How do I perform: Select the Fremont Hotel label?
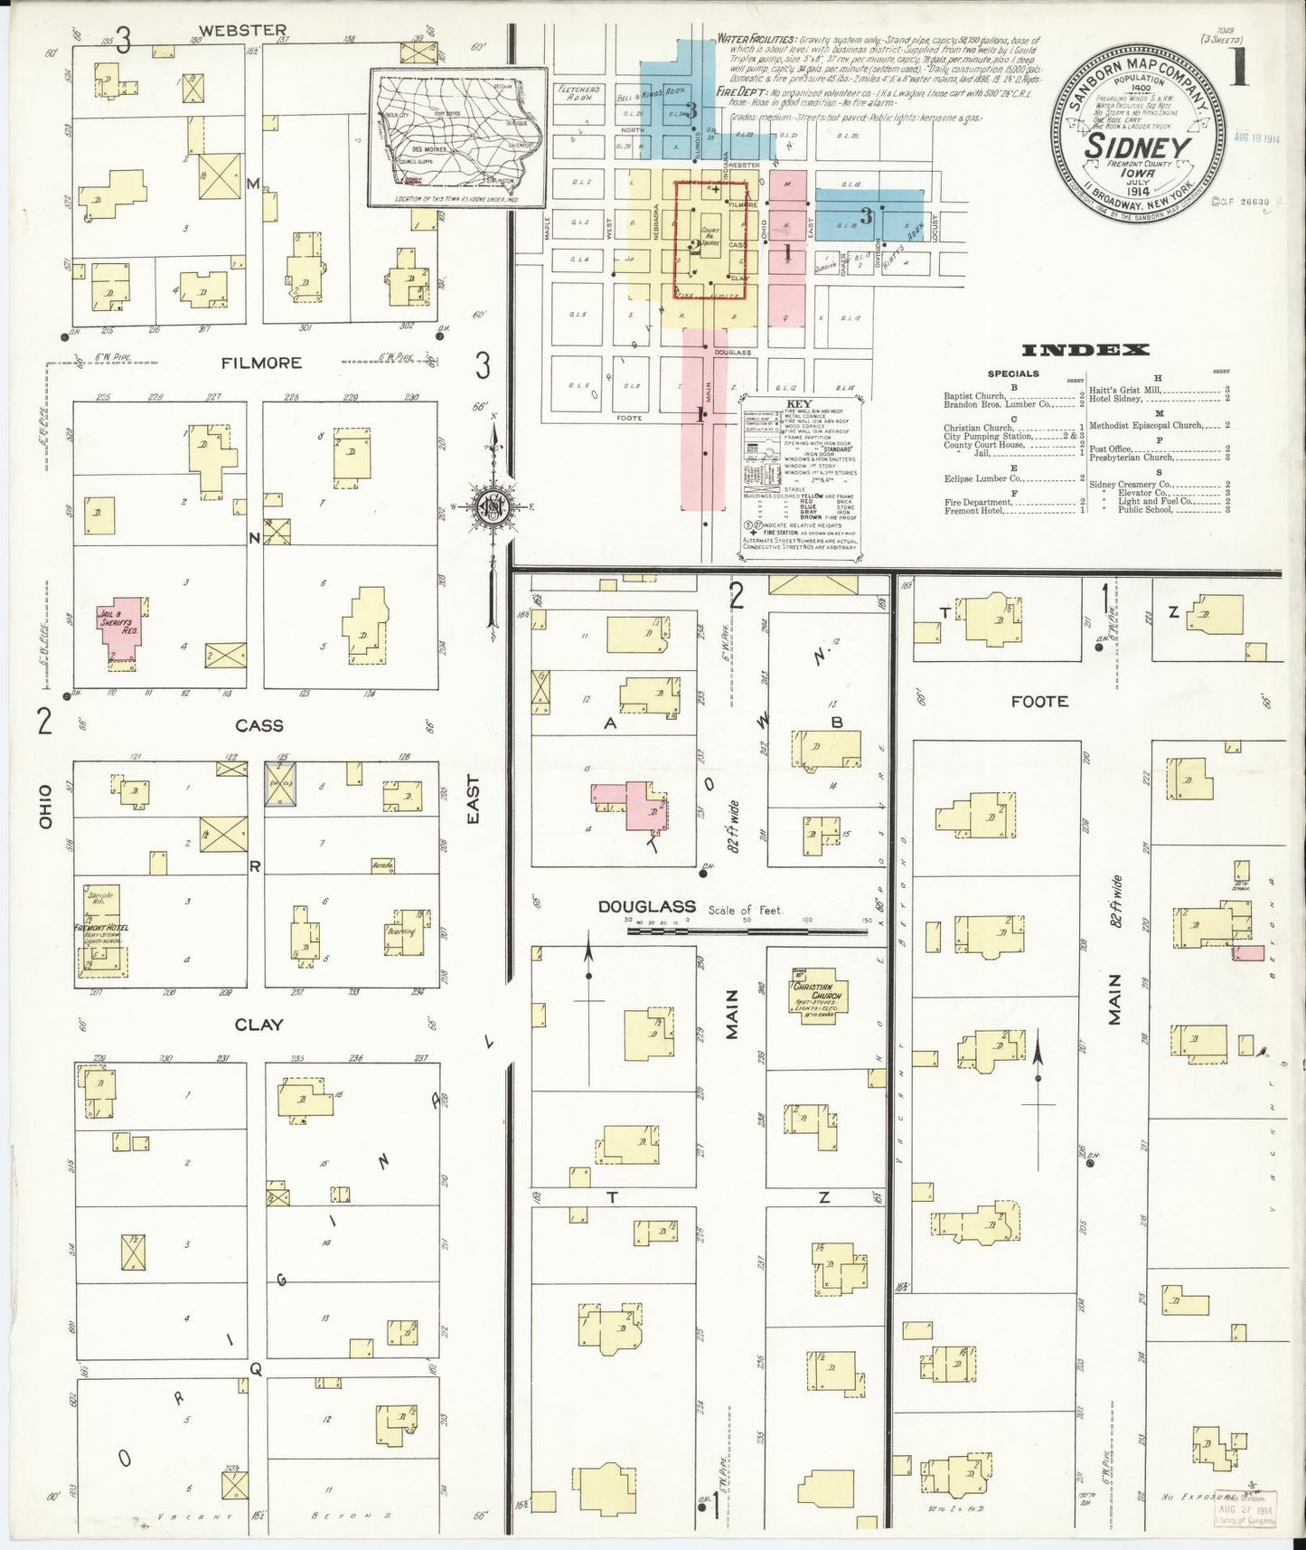tap(102, 929)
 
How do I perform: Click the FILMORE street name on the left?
tap(261, 363)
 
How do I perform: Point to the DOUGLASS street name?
tap(646, 906)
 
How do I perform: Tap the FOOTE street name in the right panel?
tap(1039, 701)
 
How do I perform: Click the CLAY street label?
tap(259, 1025)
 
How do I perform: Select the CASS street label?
tap(259, 725)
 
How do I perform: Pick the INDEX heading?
tap(1085, 350)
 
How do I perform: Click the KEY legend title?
tap(799, 404)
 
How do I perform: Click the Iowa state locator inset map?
tap(458, 137)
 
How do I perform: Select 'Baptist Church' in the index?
tap(974, 395)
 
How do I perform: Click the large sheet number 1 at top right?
tap(1237, 68)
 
